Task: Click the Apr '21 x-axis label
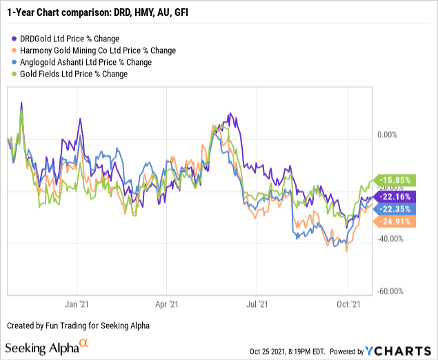166,303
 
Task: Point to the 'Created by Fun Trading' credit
79,325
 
